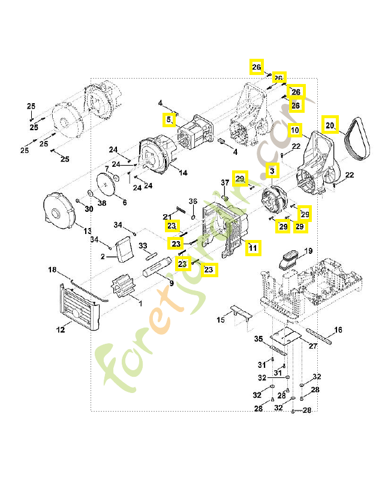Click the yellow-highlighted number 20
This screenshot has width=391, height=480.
click(330, 125)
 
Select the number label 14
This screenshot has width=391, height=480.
click(183, 173)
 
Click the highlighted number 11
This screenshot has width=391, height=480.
click(253, 247)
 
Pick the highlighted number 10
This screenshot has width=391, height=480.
click(294, 129)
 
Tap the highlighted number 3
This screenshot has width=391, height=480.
click(272, 171)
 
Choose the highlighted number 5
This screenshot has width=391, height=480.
click(170, 120)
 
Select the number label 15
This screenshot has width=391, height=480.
click(221, 320)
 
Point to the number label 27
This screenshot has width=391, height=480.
click(312, 346)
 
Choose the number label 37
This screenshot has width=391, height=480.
click(225, 182)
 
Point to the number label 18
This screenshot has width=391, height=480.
click(52, 271)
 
